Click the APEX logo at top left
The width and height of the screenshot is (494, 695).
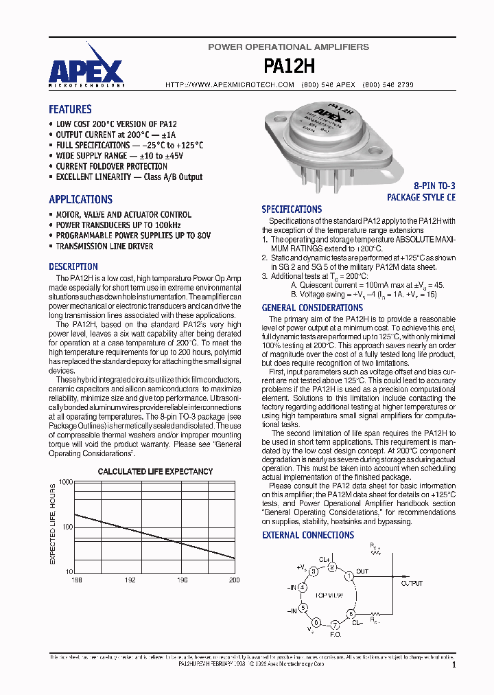(86, 71)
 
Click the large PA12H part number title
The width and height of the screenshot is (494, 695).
(288, 66)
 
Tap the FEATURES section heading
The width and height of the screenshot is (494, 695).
(70, 109)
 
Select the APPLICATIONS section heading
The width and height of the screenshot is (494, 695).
(80, 200)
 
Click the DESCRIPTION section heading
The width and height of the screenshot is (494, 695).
(73, 266)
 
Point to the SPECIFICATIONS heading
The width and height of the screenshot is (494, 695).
(292, 209)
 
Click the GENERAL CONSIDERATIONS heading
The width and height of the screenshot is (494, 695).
(312, 308)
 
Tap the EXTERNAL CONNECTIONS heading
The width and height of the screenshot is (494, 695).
(308, 535)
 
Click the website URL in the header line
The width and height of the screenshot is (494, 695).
(230, 84)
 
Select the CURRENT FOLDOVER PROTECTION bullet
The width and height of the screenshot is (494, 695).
(111, 166)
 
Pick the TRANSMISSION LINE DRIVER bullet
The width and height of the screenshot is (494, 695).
(104, 246)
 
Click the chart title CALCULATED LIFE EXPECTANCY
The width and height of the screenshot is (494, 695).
(155, 472)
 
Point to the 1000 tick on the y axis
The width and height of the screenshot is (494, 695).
(65, 483)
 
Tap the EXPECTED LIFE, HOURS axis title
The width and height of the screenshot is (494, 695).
(53, 524)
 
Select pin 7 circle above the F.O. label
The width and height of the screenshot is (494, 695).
(334, 625)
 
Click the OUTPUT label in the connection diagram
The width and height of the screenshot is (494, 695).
(412, 583)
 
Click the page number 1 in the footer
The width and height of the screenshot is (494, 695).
(454, 665)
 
